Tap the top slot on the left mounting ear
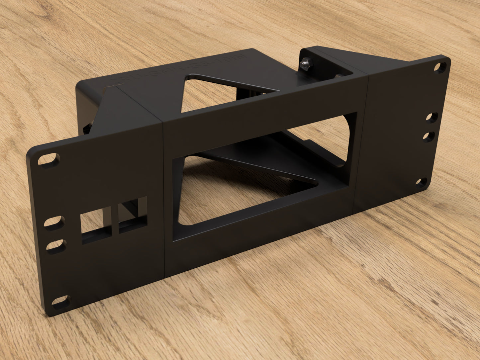[x=49, y=159]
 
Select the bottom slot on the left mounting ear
[x=61, y=302]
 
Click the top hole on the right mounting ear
[x=440, y=68]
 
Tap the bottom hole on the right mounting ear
[x=421, y=182]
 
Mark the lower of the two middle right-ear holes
[x=429, y=136]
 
